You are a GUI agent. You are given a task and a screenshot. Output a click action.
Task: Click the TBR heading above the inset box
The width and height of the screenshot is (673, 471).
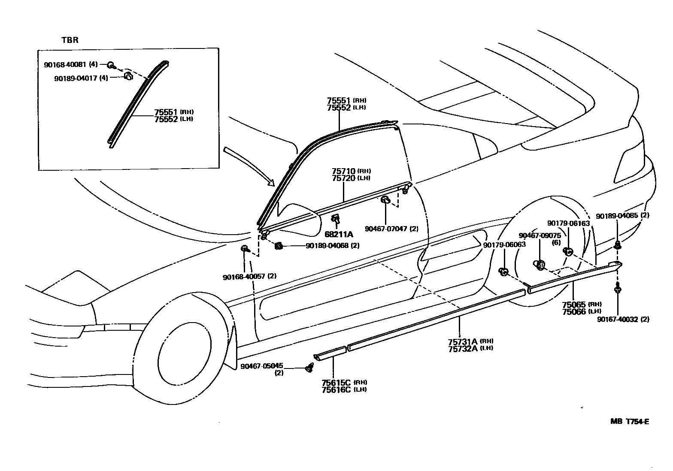click(70, 40)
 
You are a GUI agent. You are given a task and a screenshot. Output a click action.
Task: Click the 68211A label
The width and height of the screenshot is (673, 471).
click(339, 234)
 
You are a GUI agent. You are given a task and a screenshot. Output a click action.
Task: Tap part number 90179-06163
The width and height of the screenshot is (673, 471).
click(568, 223)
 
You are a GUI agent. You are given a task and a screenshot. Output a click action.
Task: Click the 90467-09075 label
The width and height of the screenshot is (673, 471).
click(540, 235)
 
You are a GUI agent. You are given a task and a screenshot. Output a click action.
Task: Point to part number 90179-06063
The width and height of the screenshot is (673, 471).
click(504, 245)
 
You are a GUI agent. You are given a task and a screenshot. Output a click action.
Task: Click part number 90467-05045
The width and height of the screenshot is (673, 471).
click(261, 366)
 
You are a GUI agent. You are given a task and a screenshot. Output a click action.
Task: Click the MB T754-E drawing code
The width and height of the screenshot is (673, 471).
click(629, 421)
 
